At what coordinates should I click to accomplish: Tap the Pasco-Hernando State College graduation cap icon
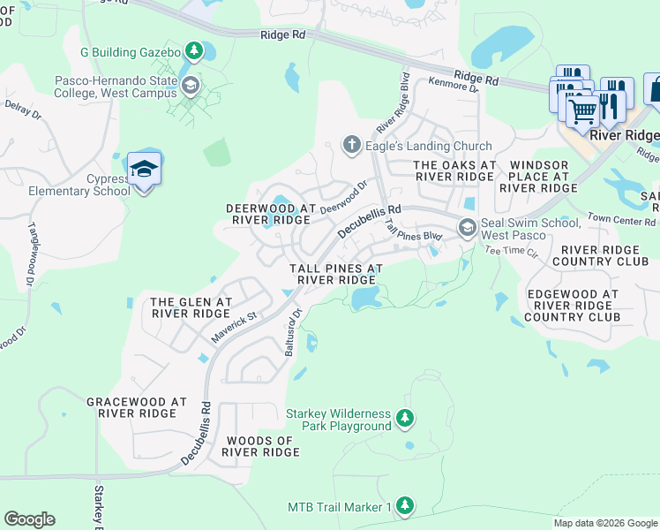pos(191,86)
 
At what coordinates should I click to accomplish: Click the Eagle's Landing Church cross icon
pos(351,146)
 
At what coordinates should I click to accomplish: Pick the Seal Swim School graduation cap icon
pos(466,229)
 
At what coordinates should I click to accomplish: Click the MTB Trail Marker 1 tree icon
pos(404,507)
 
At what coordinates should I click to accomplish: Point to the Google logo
pos(29,519)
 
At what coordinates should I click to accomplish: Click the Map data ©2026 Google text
pos(605,523)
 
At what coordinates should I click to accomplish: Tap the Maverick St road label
pos(233,326)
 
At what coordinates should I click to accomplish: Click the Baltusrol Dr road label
pos(293,332)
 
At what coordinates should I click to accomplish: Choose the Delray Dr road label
pos(24,109)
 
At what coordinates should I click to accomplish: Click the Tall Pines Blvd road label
pos(412,231)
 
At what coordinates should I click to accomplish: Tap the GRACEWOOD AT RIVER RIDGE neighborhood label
pos(137,407)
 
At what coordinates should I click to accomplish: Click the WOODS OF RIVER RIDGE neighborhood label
pos(261,446)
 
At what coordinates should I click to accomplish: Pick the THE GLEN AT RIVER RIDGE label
pos(191,307)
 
